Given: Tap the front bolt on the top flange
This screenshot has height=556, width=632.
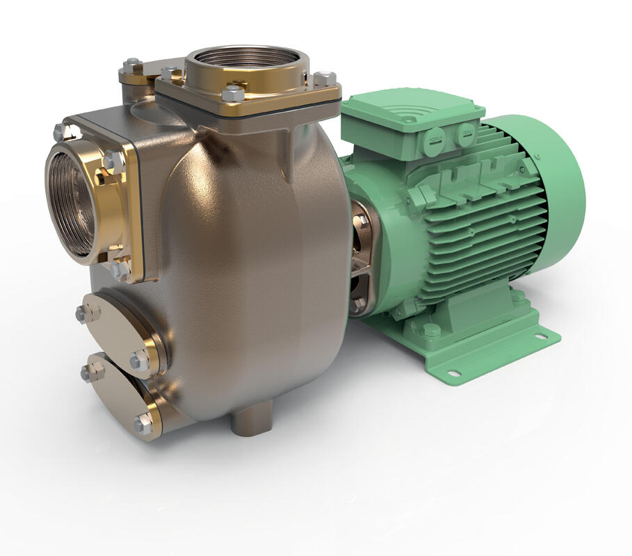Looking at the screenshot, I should (234, 93).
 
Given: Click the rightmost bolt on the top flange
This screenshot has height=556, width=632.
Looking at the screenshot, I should (324, 79).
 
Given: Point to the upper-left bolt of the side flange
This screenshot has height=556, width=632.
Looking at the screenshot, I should (59, 131).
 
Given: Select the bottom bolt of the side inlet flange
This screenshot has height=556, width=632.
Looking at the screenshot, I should (118, 268).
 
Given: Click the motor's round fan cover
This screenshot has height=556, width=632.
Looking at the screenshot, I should (556, 181).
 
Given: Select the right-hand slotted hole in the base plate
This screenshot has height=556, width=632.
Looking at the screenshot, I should (540, 338).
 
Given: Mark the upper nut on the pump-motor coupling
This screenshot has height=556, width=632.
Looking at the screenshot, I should (361, 221).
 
